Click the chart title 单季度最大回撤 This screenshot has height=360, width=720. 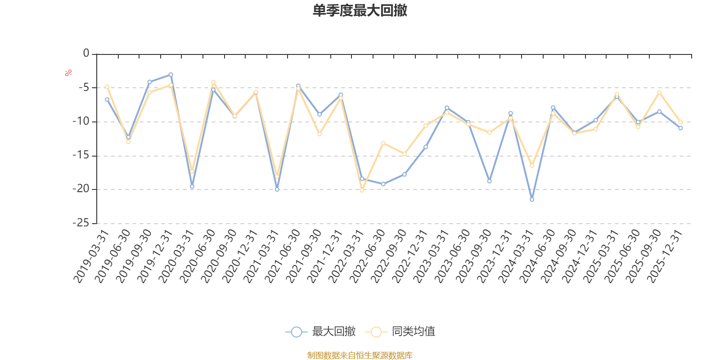(360, 11)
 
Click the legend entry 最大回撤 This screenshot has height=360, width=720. (333, 332)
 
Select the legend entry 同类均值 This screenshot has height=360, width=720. (413, 332)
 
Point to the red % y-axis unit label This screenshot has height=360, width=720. (68, 73)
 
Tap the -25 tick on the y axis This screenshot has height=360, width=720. (81, 223)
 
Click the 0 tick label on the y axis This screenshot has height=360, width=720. (86, 54)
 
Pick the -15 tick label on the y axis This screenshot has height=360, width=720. (81, 155)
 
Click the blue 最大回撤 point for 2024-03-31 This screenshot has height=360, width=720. (532, 199)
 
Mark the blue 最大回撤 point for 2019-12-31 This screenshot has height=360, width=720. (171, 74)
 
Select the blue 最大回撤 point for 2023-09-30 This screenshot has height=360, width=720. (489, 181)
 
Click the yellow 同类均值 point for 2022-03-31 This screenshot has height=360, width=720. (362, 190)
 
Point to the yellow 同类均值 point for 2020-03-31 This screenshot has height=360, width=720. (192, 171)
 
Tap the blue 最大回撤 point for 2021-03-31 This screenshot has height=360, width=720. (277, 189)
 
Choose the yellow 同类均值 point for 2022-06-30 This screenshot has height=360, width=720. (383, 143)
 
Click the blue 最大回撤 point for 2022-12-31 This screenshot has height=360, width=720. (426, 147)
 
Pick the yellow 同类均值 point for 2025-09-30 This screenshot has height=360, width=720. (659, 92)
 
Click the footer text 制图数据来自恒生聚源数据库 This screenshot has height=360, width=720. (360, 355)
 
